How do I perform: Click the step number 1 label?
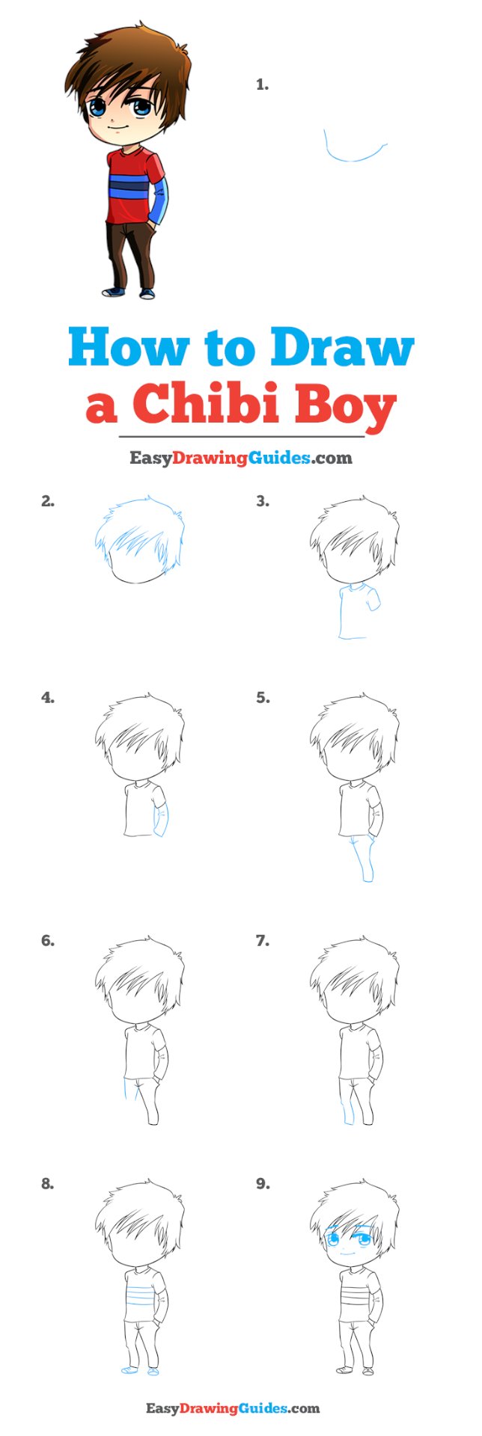coord(262,85)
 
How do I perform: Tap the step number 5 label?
coord(262,698)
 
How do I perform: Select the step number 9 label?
coord(262,1184)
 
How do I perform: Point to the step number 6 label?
coord(48,941)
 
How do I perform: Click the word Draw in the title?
coord(342,347)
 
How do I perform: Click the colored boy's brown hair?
coord(127,64)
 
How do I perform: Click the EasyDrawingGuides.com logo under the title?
coord(240,458)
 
